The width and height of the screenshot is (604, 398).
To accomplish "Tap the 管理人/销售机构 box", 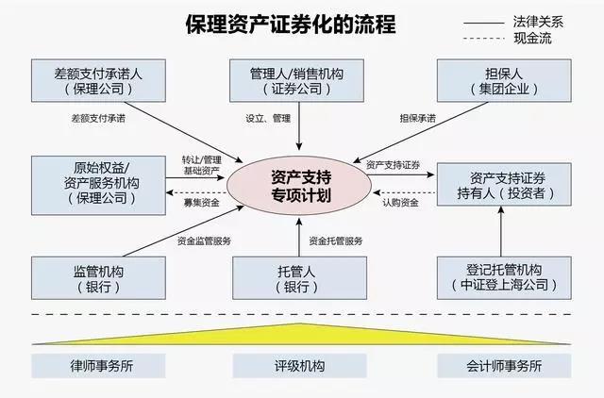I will [x=298, y=80].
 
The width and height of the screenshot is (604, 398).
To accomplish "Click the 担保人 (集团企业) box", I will [x=500, y=80].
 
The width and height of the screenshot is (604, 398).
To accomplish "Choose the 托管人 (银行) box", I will [x=298, y=277].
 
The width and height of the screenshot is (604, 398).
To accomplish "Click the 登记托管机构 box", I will [x=500, y=277].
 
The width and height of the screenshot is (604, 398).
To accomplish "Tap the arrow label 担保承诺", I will [x=418, y=119].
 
